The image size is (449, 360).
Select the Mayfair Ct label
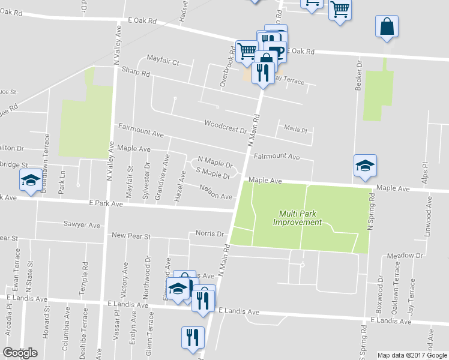[163, 62]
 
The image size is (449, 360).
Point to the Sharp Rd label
[137, 73]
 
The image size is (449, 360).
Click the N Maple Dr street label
[215, 163]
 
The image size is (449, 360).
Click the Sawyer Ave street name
[82, 225]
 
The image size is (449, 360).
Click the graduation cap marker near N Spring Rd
[365, 166]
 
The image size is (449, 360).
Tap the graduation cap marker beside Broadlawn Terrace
[30, 181]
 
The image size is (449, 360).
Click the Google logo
[20, 353]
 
